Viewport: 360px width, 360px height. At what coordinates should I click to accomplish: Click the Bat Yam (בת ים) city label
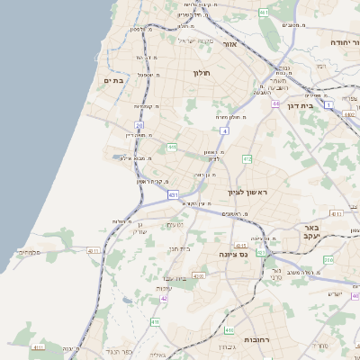[114, 80]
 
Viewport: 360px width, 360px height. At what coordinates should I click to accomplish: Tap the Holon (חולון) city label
[201, 73]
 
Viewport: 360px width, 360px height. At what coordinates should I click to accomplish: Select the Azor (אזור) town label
[229, 43]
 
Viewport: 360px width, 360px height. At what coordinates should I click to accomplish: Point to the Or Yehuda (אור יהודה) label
[338, 42]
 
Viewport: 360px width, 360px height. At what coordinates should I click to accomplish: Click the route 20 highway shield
[139, 125]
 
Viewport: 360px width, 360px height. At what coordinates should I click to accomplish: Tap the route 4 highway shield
[224, 130]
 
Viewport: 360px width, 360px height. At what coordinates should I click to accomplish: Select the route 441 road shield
[171, 147]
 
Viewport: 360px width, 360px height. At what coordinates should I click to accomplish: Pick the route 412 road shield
[247, 158]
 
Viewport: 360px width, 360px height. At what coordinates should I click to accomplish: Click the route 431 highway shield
[173, 193]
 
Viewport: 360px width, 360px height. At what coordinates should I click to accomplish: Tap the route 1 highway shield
[328, 105]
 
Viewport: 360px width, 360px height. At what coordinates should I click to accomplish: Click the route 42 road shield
[165, 297]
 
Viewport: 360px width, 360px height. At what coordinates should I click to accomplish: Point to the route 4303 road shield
[198, 275]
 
